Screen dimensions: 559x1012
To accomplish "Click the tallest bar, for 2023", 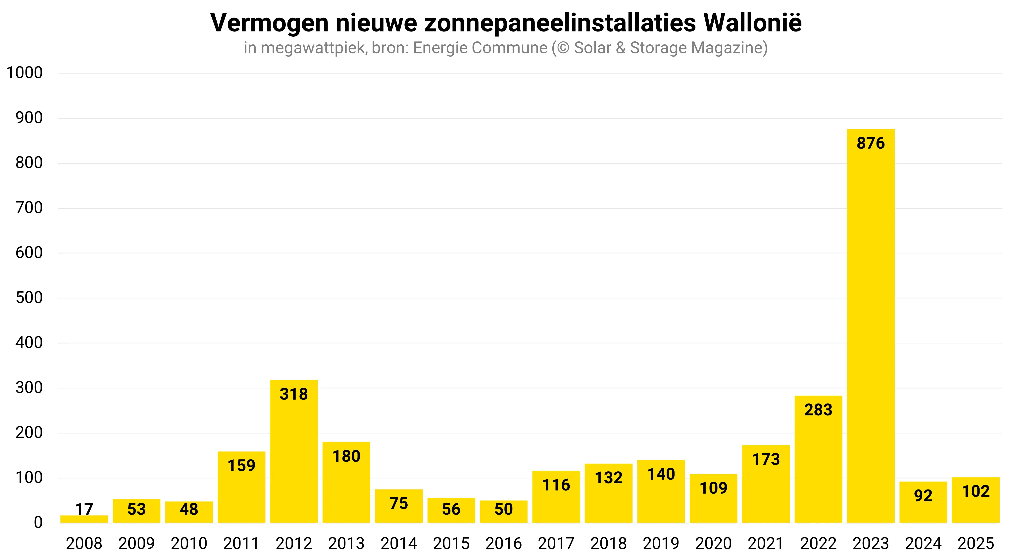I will click(x=871, y=326).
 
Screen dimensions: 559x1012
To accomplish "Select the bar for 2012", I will click(x=294, y=452).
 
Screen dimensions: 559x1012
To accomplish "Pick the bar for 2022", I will click(x=818, y=460).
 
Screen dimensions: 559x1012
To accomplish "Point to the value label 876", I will click(x=871, y=143).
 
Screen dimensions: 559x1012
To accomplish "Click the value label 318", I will click(x=294, y=394).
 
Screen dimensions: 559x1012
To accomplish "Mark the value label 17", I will click(x=84, y=509).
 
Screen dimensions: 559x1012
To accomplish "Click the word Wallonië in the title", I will click(x=752, y=23).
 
